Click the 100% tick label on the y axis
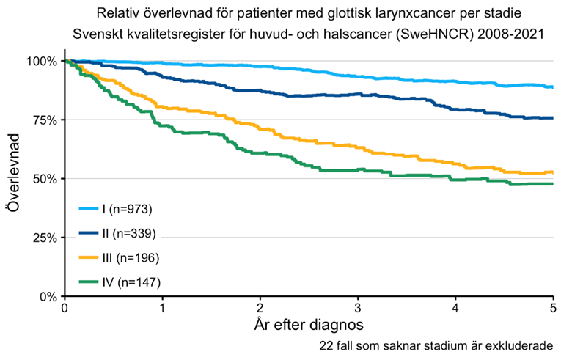(x=41, y=61)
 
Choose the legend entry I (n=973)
(x=126, y=210)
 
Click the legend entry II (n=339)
(x=128, y=234)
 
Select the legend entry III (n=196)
(x=129, y=258)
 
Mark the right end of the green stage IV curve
(x=552, y=184)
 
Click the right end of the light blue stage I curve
(x=552, y=87)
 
